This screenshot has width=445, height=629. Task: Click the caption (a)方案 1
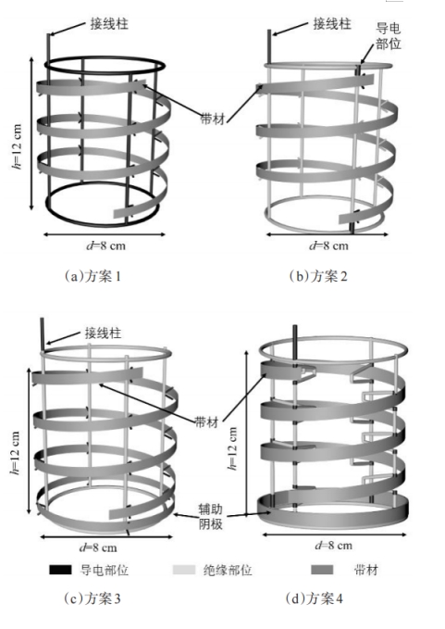[93, 276]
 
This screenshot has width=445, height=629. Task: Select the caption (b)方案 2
[318, 276]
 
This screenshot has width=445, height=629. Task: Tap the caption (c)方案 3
[93, 598]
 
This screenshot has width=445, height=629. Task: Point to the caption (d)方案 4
[315, 598]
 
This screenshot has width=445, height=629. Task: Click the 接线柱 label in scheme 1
[109, 24]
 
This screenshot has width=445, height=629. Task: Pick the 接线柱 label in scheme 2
[332, 24]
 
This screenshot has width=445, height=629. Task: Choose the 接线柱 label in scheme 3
[103, 333]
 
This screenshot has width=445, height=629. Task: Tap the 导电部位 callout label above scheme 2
[389, 36]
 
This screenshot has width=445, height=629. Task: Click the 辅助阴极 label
[210, 516]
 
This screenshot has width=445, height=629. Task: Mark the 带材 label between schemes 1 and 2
[212, 119]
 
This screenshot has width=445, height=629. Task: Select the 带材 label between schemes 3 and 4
[206, 422]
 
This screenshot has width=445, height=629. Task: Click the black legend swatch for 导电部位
[60, 570]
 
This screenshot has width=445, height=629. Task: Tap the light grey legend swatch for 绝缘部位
[184, 570]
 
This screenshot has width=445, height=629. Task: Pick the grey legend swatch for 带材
[322, 570]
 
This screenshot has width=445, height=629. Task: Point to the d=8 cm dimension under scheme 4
[334, 545]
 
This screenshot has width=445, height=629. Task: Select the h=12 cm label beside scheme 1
[17, 146]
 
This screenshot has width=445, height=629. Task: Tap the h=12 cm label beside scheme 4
[232, 447]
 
